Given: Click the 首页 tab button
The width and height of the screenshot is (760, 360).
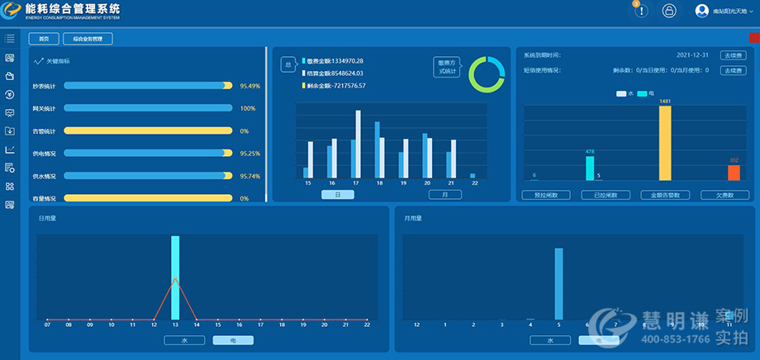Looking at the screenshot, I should pyautogui.click(x=44, y=39).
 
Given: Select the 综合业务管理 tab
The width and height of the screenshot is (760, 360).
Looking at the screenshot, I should pyautogui.click(x=88, y=39).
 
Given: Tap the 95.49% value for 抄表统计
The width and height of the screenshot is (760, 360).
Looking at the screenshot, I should pyautogui.click(x=249, y=86).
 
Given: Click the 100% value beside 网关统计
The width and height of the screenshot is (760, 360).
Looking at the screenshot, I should pyautogui.click(x=247, y=108).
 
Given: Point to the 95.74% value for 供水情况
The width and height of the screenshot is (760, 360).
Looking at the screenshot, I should pyautogui.click(x=249, y=176).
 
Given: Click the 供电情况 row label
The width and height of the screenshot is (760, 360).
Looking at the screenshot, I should pyautogui.click(x=45, y=154).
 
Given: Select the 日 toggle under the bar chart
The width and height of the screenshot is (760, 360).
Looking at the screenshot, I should pyautogui.click(x=338, y=195).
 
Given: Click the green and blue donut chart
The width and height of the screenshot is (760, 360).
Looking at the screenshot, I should pyautogui.click(x=486, y=74).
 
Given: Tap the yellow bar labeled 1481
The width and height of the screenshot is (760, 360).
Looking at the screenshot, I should pyautogui.click(x=665, y=143).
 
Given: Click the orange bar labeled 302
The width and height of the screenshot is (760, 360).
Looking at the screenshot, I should pyautogui.click(x=734, y=173).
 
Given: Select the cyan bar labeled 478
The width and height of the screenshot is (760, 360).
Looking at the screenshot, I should pyautogui.click(x=590, y=168).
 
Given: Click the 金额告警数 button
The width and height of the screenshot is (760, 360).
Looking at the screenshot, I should pyautogui.click(x=665, y=196).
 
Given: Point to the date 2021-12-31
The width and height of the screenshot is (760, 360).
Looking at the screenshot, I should pyautogui.click(x=693, y=55).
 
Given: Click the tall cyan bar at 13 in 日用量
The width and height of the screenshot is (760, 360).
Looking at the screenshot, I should pyautogui.click(x=175, y=277).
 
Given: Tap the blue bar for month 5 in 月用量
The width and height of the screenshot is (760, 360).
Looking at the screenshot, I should pyautogui.click(x=558, y=283).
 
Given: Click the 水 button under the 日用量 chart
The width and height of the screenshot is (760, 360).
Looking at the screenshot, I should pyautogui.click(x=184, y=340).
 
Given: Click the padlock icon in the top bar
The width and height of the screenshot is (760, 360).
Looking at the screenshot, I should pyautogui.click(x=669, y=12).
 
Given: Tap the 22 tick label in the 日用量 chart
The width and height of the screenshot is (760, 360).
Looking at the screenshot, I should pyautogui.click(x=367, y=325).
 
